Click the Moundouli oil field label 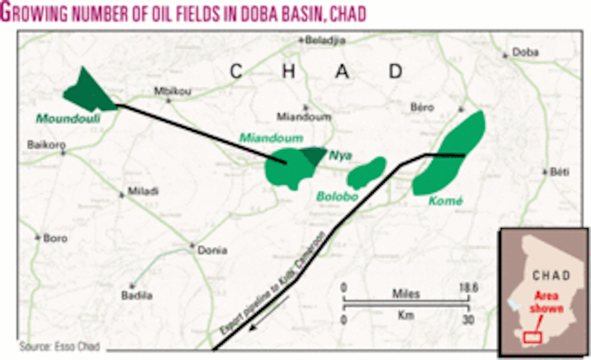[x=68, y=119]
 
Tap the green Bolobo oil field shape [x=366, y=172]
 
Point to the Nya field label [x=341, y=156]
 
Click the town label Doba [x=525, y=52]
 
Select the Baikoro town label [x=47, y=146]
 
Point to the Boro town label [x=55, y=238]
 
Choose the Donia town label [x=212, y=250]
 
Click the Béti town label [x=559, y=172]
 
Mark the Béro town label [x=422, y=107]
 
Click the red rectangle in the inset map [x=532, y=338]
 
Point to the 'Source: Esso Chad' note [x=60, y=347]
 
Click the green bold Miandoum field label [x=271, y=138]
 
